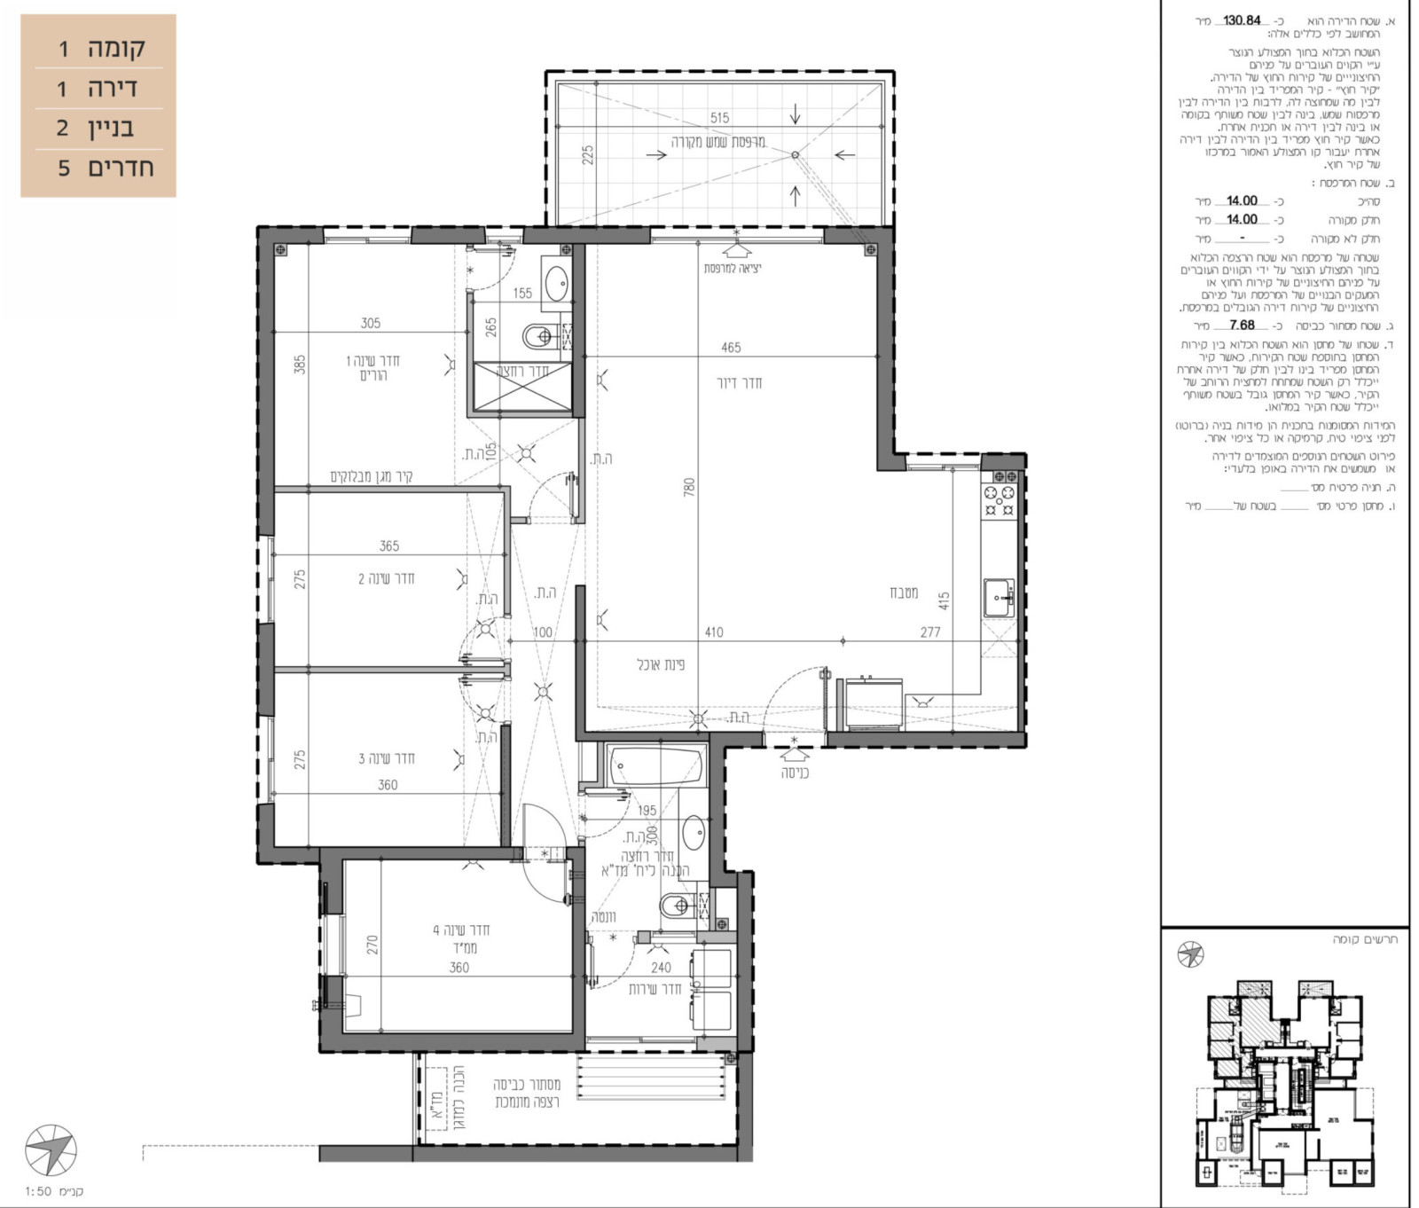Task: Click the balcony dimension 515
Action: tap(719, 118)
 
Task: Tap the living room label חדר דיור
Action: tap(739, 383)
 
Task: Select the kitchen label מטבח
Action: tap(904, 592)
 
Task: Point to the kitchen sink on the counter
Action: tap(999, 597)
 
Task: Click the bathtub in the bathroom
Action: tap(656, 765)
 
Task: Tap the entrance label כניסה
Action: tap(795, 773)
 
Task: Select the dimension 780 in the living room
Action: tap(689, 487)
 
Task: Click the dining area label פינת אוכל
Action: tap(661, 664)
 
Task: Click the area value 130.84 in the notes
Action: tap(1242, 20)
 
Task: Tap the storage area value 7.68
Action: tap(1242, 326)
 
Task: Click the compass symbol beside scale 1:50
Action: tap(51, 1150)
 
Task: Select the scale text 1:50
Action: tap(38, 1191)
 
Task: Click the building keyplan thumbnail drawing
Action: tap(1284, 1082)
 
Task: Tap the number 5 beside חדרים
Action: tap(63, 169)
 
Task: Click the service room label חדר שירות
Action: tap(655, 989)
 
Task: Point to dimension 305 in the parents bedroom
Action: tap(371, 324)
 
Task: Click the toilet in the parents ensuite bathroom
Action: tap(538, 337)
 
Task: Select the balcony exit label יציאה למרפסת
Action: tap(732, 268)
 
